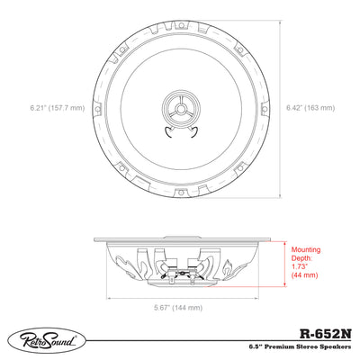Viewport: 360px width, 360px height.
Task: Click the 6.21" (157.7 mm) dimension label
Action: click(x=58, y=108)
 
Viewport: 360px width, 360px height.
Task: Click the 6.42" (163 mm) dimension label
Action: click(x=310, y=108)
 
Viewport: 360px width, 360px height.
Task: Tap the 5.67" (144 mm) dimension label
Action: click(x=178, y=308)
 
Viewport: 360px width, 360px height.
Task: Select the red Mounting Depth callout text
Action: click(x=306, y=262)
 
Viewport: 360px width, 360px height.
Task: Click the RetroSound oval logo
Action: click(x=47, y=341)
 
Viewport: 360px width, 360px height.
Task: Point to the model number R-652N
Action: click(x=326, y=334)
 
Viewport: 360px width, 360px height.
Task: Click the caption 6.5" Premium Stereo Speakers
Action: click(x=300, y=346)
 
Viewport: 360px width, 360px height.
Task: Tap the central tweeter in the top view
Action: click(x=181, y=108)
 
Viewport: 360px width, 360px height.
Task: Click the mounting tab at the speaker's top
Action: click(x=181, y=26)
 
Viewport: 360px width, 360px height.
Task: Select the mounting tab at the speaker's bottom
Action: click(x=181, y=191)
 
